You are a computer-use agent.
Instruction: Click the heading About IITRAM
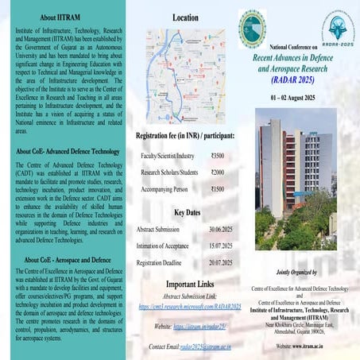pyautogui.click(x=59, y=17)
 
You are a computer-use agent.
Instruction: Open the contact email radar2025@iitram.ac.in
pyautogui.click(x=207, y=346)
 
